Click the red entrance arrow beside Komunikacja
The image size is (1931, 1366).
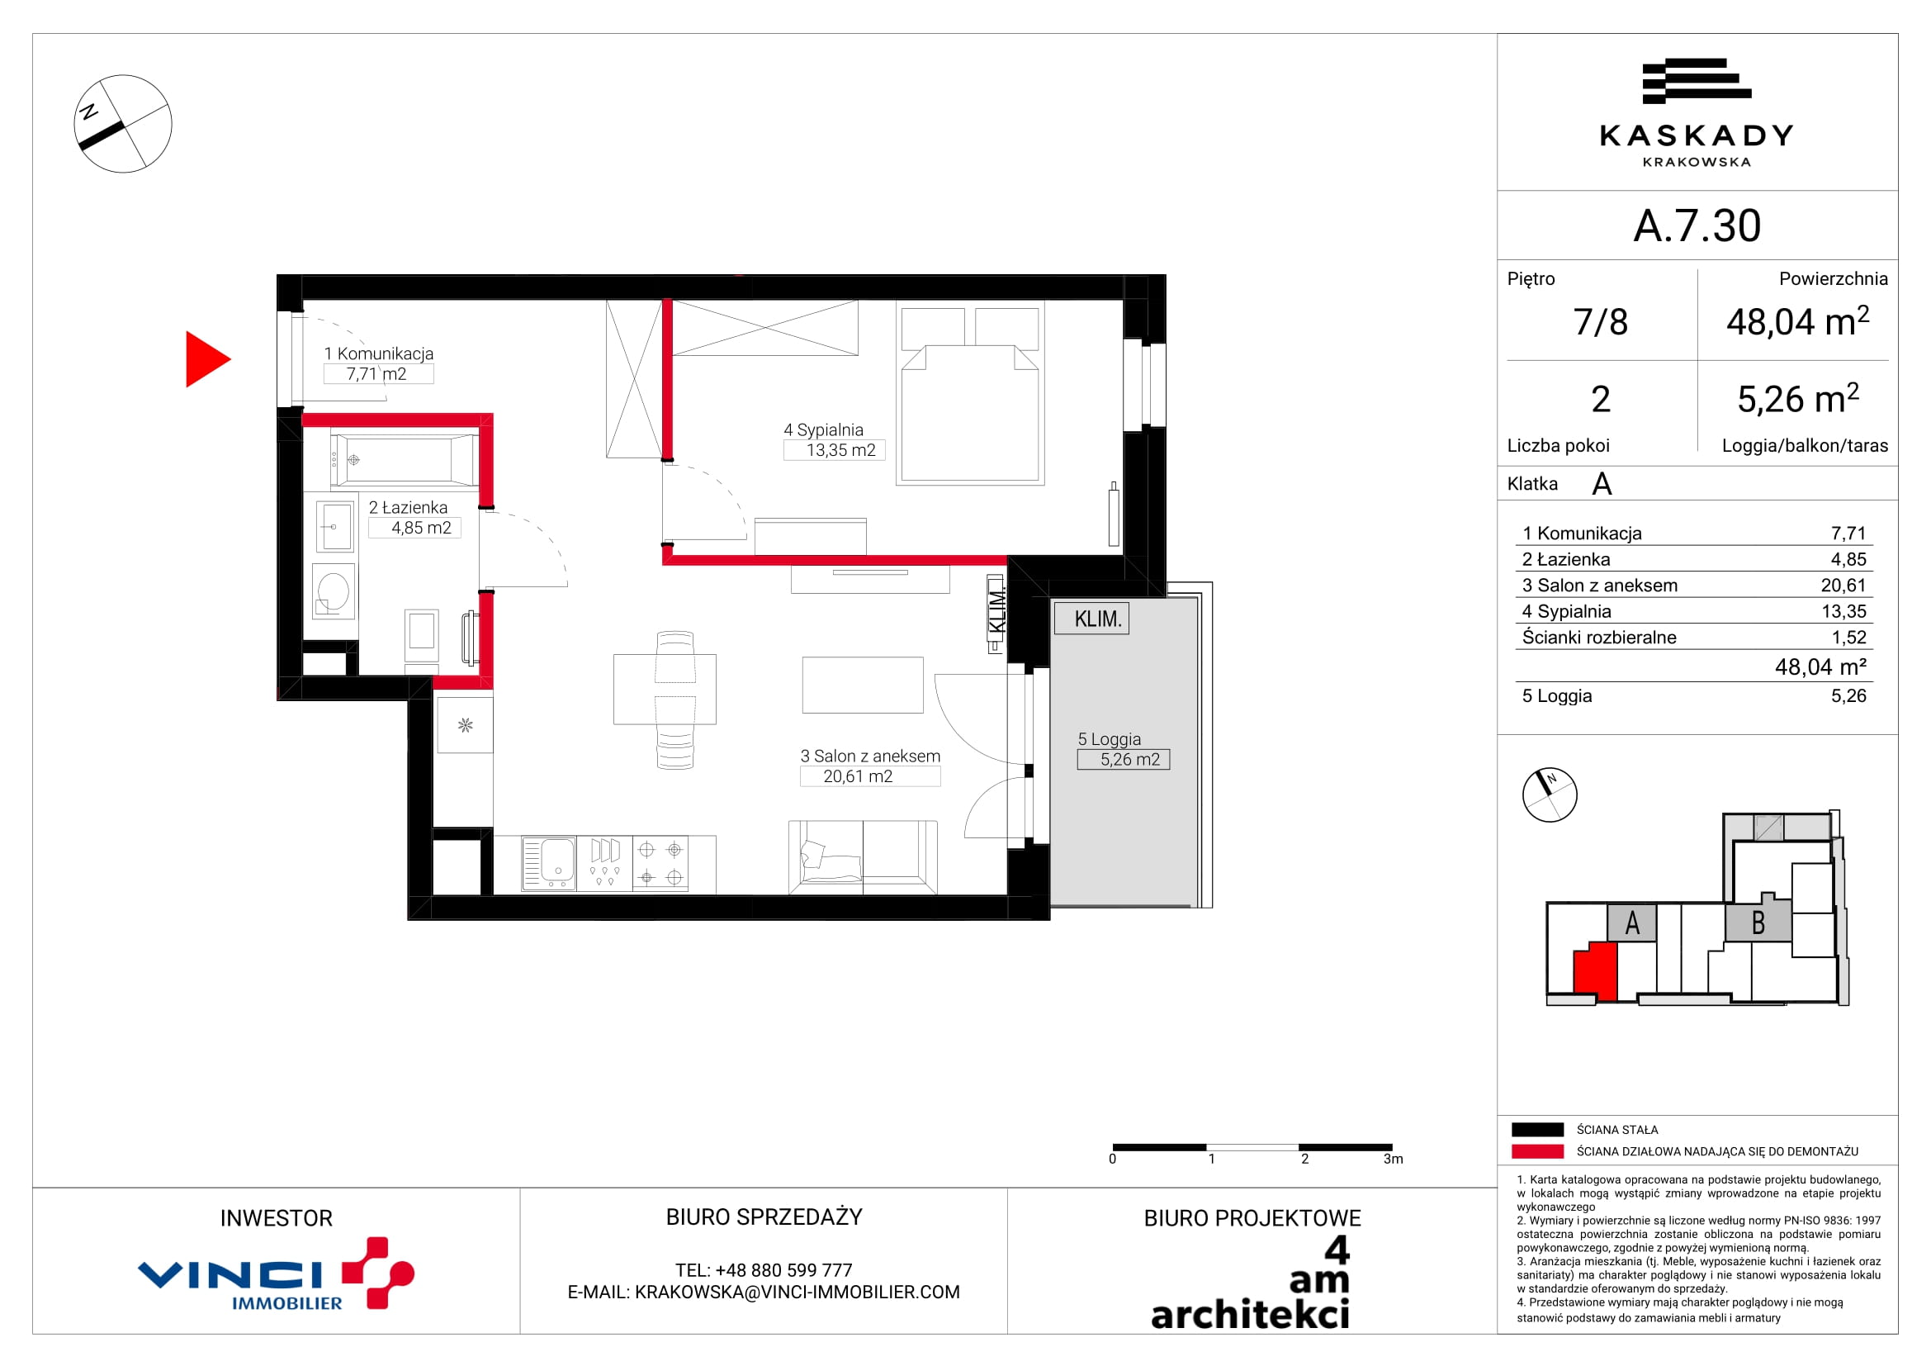tap(206, 359)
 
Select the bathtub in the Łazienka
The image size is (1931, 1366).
tap(405, 460)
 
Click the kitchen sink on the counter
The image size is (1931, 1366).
tap(548, 863)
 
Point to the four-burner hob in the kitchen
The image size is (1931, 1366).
tap(660, 863)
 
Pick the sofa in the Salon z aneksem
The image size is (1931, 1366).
tap(863, 857)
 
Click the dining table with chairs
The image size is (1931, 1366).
tap(665, 700)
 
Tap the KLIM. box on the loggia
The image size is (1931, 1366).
tap(1091, 619)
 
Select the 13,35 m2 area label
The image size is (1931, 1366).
tap(841, 450)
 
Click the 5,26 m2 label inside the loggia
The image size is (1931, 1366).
tap(1129, 760)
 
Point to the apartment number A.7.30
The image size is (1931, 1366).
tap(1697, 225)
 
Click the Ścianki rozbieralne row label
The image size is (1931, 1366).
tap(1599, 638)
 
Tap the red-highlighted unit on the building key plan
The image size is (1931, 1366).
tap(1595, 971)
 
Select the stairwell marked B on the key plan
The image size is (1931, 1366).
tap(1758, 923)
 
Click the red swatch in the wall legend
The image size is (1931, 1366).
tap(1537, 1151)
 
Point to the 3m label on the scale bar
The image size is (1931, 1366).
tap(1393, 1159)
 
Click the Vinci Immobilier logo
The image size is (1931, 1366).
tap(276, 1274)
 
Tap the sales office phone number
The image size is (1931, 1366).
tap(764, 1270)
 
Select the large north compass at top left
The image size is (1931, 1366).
tap(123, 124)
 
